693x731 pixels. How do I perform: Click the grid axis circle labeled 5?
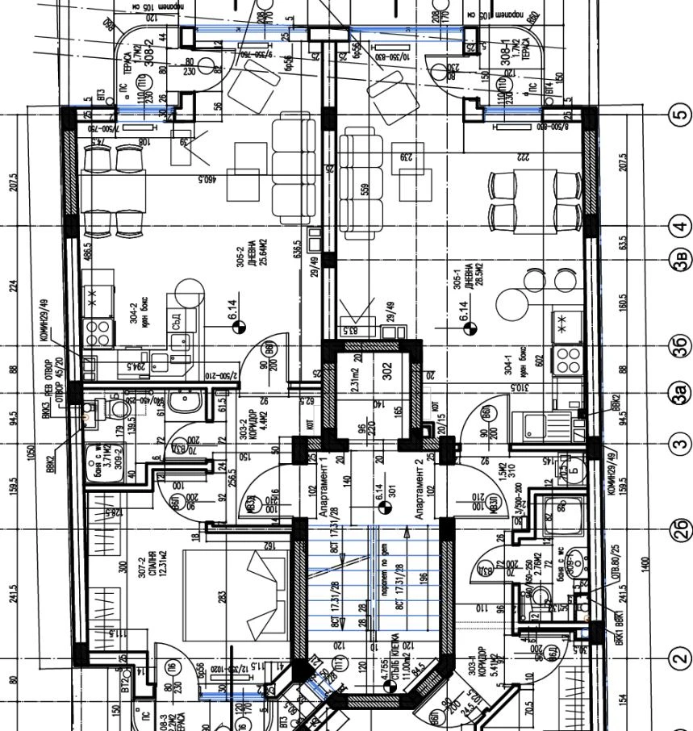(x=678, y=115)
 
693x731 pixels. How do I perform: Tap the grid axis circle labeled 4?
(x=678, y=226)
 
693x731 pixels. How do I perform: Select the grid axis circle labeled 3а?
(x=678, y=394)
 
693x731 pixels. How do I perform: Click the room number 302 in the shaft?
(x=386, y=371)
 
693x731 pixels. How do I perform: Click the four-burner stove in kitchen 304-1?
(x=567, y=356)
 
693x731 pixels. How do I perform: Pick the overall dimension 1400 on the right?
(x=645, y=565)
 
